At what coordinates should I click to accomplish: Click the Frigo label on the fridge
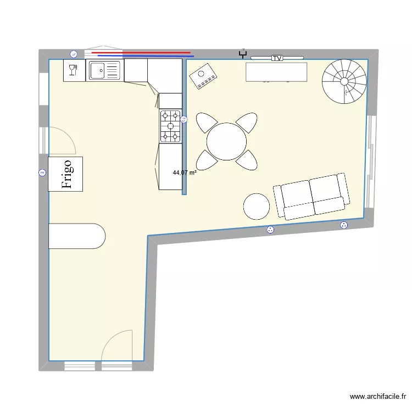(66, 174)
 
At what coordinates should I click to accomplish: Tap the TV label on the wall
(277, 58)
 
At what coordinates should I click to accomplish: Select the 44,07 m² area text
(185, 172)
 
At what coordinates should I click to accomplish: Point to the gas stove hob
(170, 126)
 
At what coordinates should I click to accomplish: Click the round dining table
(226, 141)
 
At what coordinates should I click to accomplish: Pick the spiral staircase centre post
(344, 82)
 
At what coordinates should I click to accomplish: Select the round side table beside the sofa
(257, 207)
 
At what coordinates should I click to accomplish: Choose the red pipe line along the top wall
(141, 53)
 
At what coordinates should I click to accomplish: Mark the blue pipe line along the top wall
(146, 55)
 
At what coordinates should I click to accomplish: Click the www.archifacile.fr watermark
(378, 397)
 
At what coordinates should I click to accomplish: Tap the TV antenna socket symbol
(243, 54)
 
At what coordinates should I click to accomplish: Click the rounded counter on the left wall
(77, 236)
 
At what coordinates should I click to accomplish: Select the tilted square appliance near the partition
(203, 76)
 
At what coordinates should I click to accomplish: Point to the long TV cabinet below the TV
(276, 72)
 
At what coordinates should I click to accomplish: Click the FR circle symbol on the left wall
(42, 172)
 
